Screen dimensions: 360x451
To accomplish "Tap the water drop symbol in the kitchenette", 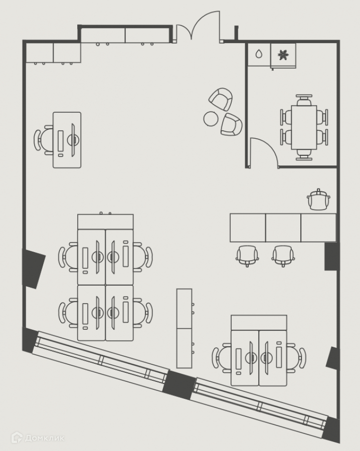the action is pos(258,54).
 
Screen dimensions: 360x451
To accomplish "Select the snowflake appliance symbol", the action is pos(283,54).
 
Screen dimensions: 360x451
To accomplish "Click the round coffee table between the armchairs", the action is pos(211,118).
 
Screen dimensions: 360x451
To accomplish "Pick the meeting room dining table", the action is pos(304,127).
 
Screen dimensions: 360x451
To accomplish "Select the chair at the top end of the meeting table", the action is pos(304,99).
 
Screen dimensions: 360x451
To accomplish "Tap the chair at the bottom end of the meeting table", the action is pos(304,154).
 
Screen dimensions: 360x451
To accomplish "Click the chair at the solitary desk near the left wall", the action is pos(43,139).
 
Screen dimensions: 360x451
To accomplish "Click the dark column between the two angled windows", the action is pos(179,384).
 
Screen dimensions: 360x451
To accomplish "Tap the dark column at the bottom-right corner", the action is pos(331,429).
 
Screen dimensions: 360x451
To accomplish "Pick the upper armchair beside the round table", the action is pos(222,99).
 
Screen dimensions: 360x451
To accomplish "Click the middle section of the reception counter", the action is pos(283,228).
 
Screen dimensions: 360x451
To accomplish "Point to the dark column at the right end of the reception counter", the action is pos(331,257).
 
